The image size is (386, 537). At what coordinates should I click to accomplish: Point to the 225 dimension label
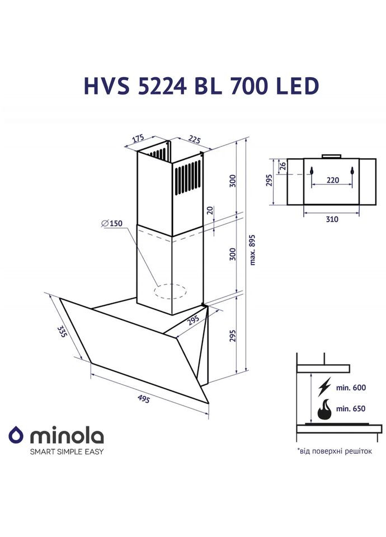194,139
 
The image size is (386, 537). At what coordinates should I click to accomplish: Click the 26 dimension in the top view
282,166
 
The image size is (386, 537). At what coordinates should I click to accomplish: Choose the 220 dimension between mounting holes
332,181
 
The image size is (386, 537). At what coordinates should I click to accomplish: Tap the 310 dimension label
332,219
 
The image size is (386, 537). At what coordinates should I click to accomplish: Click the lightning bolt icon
324,388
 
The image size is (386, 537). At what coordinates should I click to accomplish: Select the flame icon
324,409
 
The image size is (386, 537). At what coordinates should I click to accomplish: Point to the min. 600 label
350,388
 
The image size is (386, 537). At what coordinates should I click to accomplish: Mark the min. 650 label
350,409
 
